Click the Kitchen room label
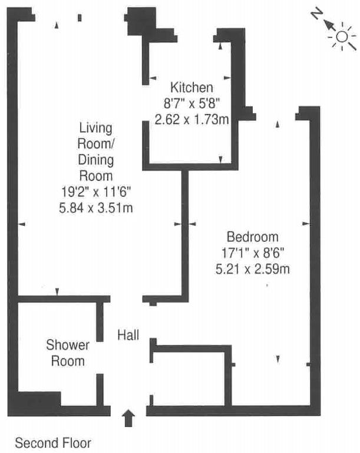pos(191,87)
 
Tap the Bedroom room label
pos(253,237)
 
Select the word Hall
pos(128,335)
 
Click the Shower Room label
pos(68,353)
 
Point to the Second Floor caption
pos(53,443)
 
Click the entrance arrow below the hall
pos(128,418)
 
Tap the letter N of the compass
pos(317,14)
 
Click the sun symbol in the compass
pos(342,37)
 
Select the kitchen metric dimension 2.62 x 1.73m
pos(191,119)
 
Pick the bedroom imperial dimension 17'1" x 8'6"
pos(253,253)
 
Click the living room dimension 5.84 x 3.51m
pos(96,208)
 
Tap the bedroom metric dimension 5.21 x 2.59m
pos(253,269)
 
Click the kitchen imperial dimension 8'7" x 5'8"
pos(191,103)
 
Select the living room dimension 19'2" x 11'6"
pos(96,192)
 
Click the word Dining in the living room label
pos(96,160)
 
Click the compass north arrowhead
pos(328,24)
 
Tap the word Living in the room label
pos(96,128)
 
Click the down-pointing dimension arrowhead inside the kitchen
pos(220,159)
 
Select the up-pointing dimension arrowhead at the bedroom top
pos(278,124)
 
